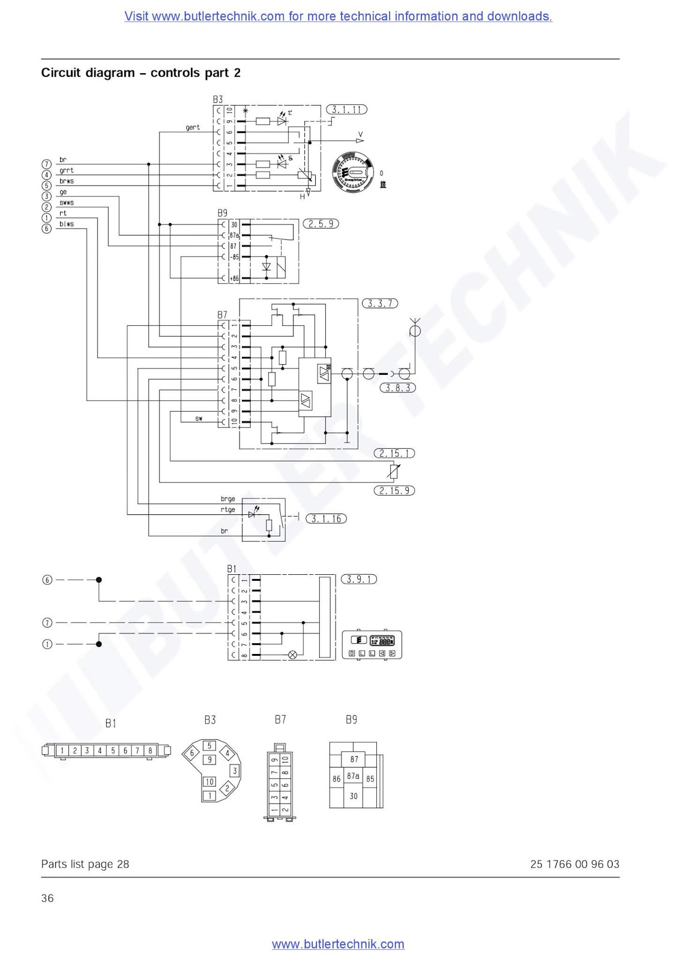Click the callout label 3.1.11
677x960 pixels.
346,110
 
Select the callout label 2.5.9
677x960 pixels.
321,224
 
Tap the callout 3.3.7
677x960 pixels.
380,304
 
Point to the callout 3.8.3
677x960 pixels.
398,388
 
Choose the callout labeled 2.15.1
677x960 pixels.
394,454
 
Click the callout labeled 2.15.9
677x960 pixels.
394,491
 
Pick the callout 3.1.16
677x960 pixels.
326,519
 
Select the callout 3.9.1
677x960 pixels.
359,580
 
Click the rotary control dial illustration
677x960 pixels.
353,172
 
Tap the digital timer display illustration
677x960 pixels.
372,645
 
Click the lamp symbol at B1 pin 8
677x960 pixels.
293,655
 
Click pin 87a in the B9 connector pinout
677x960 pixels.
354,776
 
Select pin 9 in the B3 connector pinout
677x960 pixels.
209,760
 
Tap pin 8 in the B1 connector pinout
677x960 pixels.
150,751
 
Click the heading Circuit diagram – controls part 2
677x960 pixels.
141,73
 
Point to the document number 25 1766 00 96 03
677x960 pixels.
574,865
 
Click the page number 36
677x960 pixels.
47,898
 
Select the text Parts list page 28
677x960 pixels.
85,865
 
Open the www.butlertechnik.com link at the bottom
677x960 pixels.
338,944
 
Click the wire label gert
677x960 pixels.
193,128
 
